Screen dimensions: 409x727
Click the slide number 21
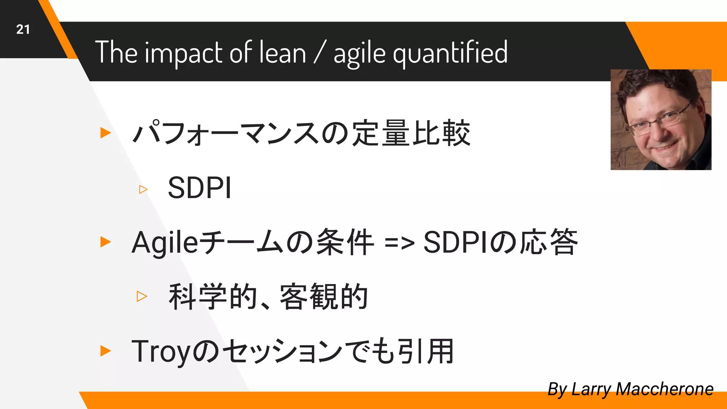click(23, 29)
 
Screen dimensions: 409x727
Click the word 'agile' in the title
click(359, 53)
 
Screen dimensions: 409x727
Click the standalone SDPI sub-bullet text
click(199, 188)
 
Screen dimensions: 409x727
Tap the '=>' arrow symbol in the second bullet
click(399, 244)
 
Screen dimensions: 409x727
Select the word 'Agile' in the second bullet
click(165, 244)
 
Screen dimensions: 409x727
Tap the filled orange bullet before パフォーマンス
click(105, 133)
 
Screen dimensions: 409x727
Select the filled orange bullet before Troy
click(105, 351)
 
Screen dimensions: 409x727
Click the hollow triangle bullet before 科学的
click(142, 296)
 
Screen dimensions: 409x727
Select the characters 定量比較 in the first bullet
click(411, 133)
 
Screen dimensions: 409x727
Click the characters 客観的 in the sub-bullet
click(324, 297)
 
